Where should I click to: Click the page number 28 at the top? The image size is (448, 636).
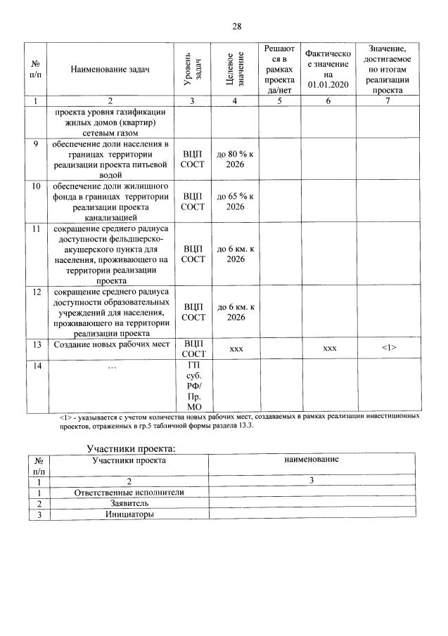click(237, 26)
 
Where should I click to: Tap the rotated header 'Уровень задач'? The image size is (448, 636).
click(191, 69)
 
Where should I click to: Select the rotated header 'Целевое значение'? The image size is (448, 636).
click(236, 69)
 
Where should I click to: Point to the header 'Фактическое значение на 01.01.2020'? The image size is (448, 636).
click(328, 69)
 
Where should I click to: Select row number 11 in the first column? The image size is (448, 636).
click(36, 229)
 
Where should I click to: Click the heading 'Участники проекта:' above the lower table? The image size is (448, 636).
click(131, 448)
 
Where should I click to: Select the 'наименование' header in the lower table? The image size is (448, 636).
click(312, 459)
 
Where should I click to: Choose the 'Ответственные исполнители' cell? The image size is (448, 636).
click(129, 492)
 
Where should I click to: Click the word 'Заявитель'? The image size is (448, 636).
click(129, 503)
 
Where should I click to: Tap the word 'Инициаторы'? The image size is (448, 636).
click(129, 514)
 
